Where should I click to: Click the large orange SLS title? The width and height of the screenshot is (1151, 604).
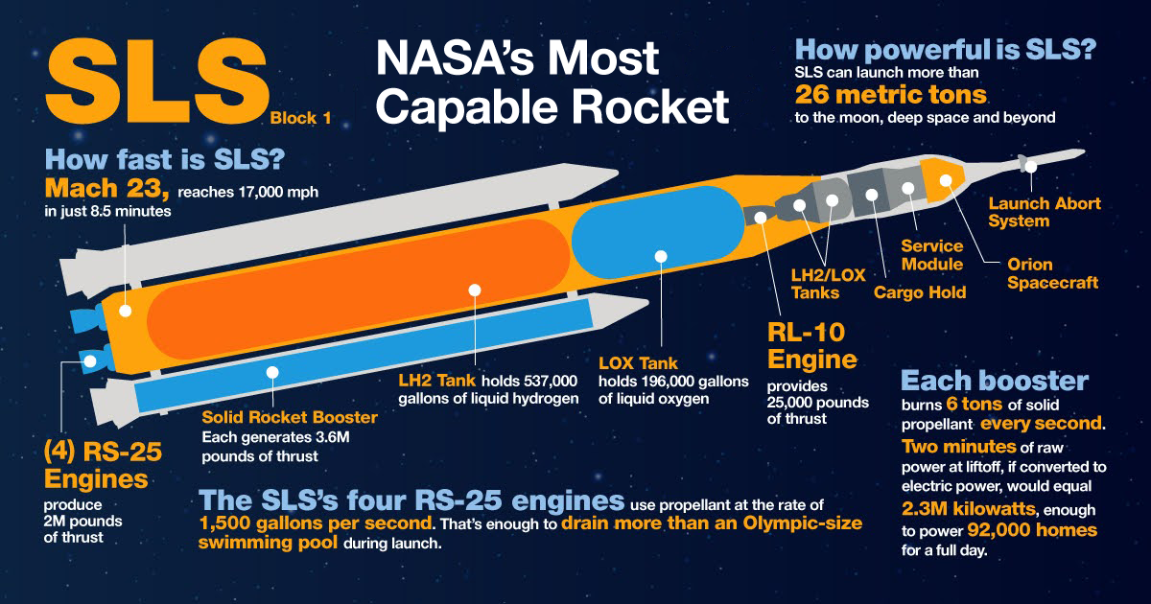tap(157, 81)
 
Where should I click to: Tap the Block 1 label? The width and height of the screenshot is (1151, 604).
tap(300, 118)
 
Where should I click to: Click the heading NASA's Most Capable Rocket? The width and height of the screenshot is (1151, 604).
tap(552, 82)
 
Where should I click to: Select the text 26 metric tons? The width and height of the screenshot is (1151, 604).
tap(890, 95)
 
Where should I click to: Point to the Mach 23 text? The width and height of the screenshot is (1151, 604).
tap(106, 188)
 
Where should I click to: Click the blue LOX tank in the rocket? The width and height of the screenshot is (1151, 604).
tap(658, 232)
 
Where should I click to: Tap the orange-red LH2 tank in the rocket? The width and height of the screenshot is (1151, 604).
tap(358, 290)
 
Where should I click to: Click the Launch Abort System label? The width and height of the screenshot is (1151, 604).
tap(1045, 212)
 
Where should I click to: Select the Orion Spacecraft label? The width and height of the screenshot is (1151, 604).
tap(1052, 273)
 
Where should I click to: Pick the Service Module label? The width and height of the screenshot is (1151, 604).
tap(932, 255)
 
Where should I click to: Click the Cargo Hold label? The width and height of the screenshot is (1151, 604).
tap(920, 292)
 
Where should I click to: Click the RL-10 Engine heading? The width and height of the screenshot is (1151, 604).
tap(811, 346)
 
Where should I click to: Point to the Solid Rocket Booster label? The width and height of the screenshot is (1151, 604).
tap(290, 417)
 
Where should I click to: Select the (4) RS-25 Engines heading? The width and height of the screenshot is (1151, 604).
tap(103, 465)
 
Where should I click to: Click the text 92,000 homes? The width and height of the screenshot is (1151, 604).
tap(1032, 529)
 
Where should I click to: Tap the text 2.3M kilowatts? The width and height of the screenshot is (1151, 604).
tap(969, 508)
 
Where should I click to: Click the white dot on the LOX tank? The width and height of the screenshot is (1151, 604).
tap(661, 256)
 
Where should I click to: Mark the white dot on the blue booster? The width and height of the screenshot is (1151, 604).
tap(272, 372)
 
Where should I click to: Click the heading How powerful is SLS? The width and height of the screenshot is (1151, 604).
tap(946, 50)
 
